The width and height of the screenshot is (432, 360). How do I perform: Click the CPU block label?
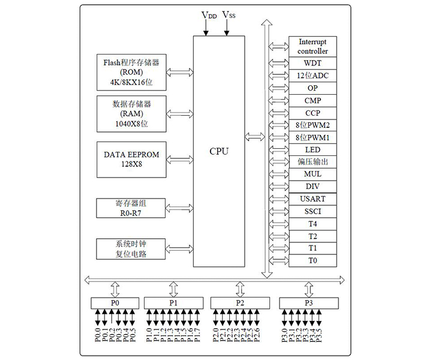[218, 151]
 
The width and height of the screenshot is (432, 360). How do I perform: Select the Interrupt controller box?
[313, 46]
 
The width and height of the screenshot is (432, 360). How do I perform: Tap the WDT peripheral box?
[313, 63]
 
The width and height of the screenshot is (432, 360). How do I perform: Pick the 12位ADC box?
[313, 76]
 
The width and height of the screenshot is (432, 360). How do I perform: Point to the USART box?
[313, 199]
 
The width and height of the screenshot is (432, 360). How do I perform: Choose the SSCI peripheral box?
[313, 211]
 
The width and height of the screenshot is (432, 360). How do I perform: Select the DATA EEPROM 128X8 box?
[131, 159]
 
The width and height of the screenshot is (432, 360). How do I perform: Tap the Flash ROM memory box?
[131, 71]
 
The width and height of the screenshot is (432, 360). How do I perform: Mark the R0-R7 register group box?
[131, 207]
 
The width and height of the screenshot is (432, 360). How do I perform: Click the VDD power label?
[209, 15]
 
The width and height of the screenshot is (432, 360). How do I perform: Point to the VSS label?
[229, 15]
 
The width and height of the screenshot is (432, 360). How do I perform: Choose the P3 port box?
[308, 303]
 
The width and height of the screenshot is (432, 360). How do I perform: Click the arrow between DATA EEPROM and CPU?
[179, 159]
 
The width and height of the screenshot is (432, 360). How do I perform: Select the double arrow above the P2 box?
[240, 289]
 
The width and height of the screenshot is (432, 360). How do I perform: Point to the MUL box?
[313, 174]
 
